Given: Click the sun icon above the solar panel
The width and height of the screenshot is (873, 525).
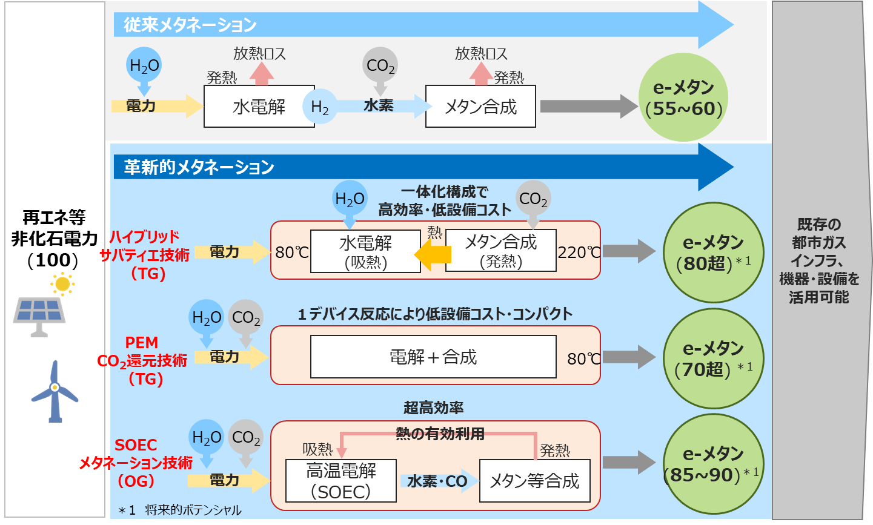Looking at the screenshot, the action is tap(62, 284).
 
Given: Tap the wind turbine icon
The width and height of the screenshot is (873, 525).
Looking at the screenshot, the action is tap(55, 391).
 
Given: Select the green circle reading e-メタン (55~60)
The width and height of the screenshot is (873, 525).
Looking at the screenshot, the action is tap(683, 97).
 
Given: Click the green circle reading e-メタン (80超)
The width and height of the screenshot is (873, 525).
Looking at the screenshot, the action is tap(713, 253).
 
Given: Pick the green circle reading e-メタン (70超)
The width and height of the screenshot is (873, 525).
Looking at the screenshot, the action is tap(713, 358).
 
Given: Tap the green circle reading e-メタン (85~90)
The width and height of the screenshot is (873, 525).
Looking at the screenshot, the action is tap(713, 464).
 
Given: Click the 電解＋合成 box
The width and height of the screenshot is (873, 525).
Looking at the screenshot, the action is tap(433, 357).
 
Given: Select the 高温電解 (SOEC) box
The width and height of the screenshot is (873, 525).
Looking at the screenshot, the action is tap(341, 481).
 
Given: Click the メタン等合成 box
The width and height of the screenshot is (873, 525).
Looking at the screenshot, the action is tap(535, 481).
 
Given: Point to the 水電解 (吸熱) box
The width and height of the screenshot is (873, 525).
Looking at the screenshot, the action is tap(365, 251).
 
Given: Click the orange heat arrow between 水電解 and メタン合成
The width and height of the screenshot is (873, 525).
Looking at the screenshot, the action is tap(433, 255).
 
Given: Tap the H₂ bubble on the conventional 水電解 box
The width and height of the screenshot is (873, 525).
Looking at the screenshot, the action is tap(320, 107).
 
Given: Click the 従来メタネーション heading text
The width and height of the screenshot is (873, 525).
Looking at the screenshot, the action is tap(190, 25).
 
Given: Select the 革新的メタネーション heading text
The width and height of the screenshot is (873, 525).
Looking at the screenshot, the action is tap(199, 168).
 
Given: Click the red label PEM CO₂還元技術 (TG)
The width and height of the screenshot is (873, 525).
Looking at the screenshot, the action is tap(142, 361).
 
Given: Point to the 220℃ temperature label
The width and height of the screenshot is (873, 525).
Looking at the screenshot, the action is tap(579, 253).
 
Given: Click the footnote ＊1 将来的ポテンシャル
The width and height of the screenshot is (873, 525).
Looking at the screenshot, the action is tap(180, 510).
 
